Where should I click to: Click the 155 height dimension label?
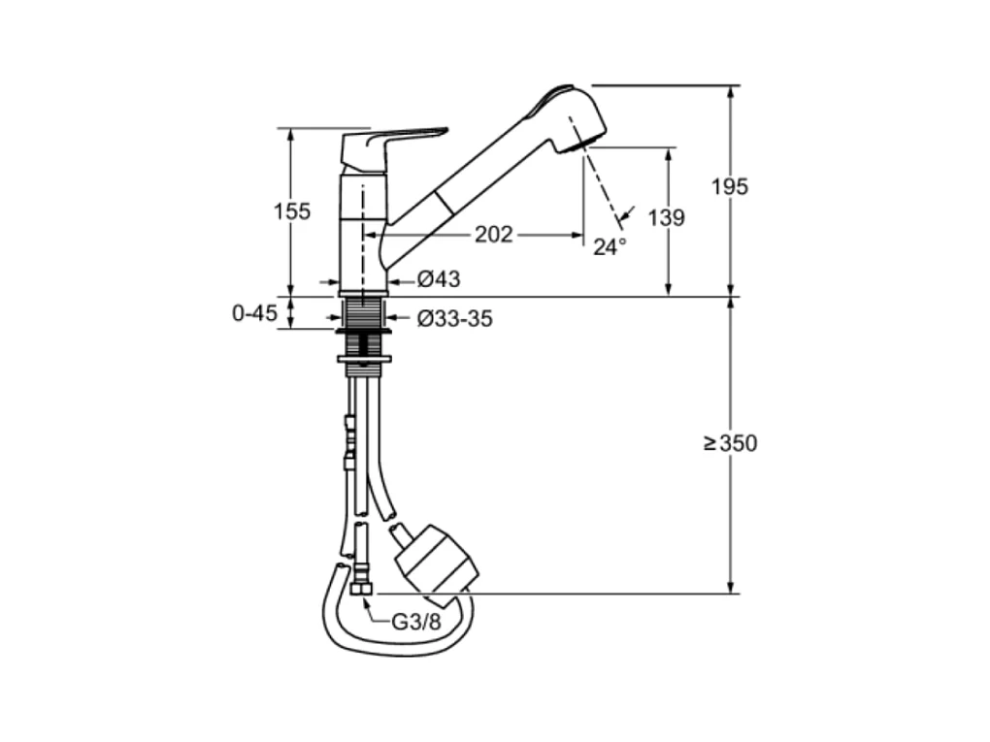(x=292, y=211)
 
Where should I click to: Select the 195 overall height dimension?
(x=729, y=187)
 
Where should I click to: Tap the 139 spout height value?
(x=666, y=217)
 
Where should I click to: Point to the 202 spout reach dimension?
(x=494, y=235)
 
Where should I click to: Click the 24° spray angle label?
(x=610, y=246)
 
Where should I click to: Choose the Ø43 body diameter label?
(x=439, y=279)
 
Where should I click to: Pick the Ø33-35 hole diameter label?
(x=454, y=319)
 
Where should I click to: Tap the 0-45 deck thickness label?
(x=254, y=313)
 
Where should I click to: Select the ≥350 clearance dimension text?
(x=731, y=443)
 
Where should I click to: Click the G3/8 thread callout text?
(x=416, y=622)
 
